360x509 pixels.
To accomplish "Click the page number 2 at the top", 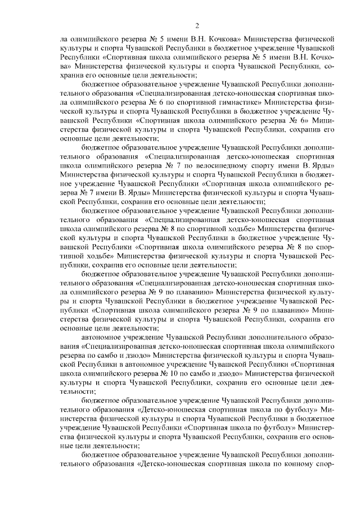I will coord(197,25).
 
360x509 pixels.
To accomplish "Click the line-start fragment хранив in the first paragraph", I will coord(72,75).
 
